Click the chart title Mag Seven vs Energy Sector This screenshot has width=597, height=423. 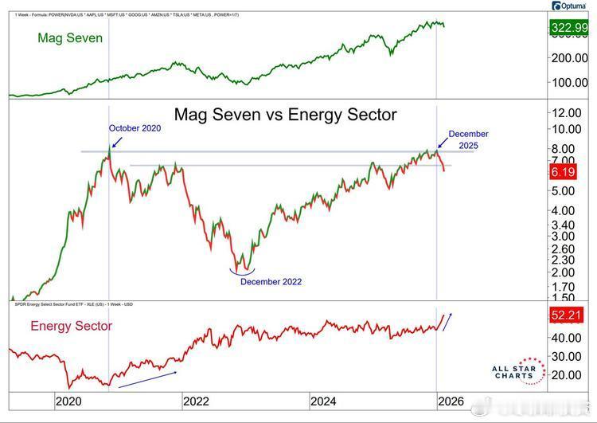coord(284,114)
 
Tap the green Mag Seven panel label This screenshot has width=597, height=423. coord(70,37)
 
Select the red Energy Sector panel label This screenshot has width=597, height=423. coord(71,325)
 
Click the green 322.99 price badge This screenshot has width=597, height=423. coord(568,29)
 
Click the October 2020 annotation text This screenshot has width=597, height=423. coord(135,127)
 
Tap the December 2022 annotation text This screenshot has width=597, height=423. coord(271,281)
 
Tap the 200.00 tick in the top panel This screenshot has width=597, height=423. coord(569,58)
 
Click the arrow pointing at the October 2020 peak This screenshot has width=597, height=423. coord(116,142)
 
